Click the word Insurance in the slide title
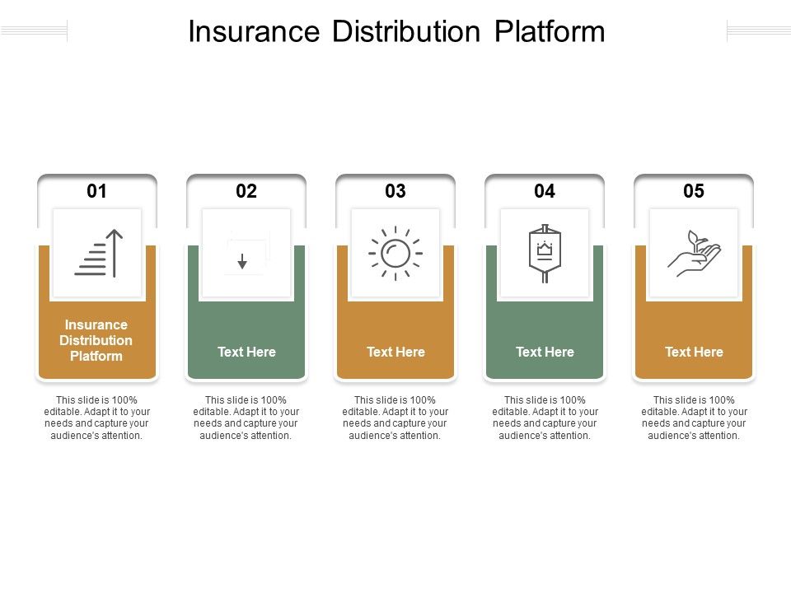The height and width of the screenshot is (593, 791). pyautogui.click(x=255, y=32)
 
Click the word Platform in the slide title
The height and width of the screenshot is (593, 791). pyautogui.click(x=550, y=32)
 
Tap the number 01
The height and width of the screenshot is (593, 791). pyautogui.click(x=97, y=191)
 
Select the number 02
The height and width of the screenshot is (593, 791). pyautogui.click(x=246, y=191)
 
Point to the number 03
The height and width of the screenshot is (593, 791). pyautogui.click(x=395, y=191)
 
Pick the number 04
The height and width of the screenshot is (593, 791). pyautogui.click(x=545, y=191)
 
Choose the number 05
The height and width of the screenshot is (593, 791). pyautogui.click(x=694, y=191)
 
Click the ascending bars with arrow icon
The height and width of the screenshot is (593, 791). pyautogui.click(x=98, y=253)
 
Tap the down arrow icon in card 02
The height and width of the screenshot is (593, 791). pyautogui.click(x=243, y=260)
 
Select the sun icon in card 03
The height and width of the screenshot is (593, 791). pyautogui.click(x=395, y=253)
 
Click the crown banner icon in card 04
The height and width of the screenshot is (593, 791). pyautogui.click(x=545, y=253)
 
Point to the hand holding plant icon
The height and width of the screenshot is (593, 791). pyautogui.click(x=694, y=253)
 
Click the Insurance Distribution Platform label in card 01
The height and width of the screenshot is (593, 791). pyautogui.click(x=96, y=340)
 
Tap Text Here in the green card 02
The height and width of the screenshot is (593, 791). pyautogui.click(x=246, y=352)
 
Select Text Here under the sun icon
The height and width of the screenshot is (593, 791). pyautogui.click(x=395, y=352)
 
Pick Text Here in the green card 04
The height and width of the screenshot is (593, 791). pyautogui.click(x=545, y=352)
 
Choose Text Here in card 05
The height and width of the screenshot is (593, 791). pyautogui.click(x=694, y=352)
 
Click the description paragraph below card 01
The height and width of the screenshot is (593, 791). pyautogui.click(x=96, y=418)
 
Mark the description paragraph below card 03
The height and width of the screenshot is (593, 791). pyautogui.click(x=395, y=418)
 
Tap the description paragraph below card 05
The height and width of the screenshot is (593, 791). pyautogui.click(x=694, y=418)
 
